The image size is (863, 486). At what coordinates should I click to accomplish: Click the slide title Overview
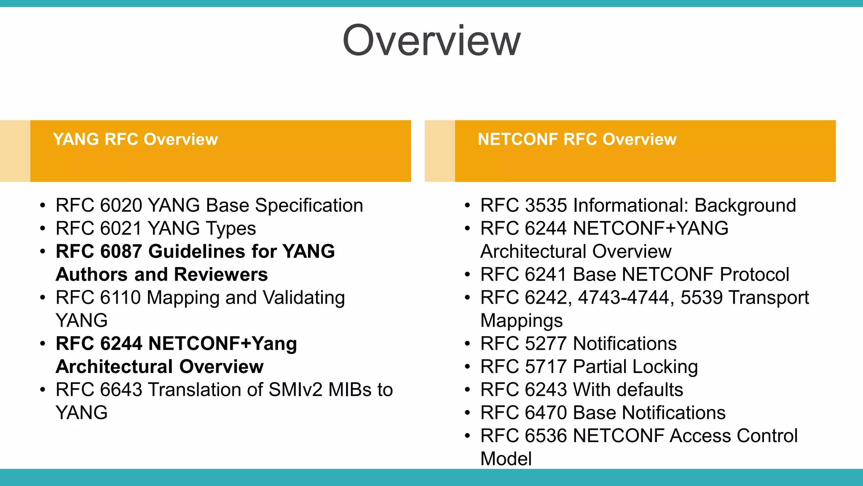coord(431,40)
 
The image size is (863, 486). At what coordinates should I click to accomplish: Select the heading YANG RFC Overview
coord(135,139)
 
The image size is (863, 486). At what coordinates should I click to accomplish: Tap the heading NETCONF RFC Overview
coord(577,139)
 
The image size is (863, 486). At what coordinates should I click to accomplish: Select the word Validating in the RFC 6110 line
coord(303,298)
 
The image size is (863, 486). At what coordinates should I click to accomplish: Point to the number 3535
coord(546,206)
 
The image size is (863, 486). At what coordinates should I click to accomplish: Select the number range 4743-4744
coord(623,298)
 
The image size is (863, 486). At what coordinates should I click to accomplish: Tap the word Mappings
coord(522,321)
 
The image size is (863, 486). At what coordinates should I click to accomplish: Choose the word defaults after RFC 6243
coord(649,390)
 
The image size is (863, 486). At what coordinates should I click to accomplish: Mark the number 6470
coord(546,413)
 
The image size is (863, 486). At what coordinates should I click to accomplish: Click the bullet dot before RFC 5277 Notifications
coord(467,344)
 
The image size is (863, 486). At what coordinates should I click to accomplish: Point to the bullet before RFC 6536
coord(467,436)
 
